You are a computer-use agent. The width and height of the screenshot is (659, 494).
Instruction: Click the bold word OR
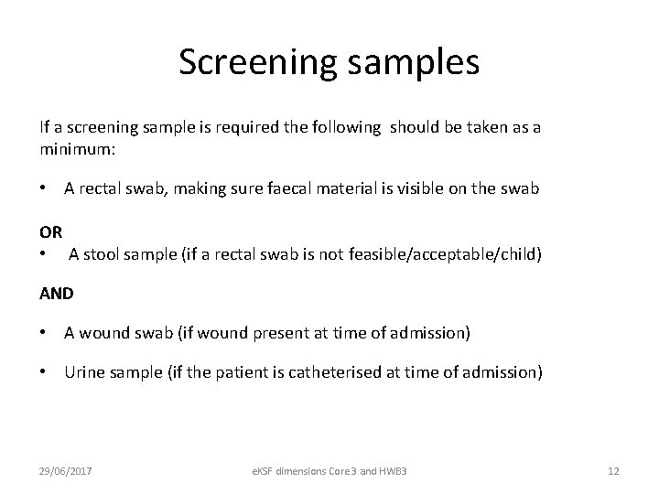coord(51,232)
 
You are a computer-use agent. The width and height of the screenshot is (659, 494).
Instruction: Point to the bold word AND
coord(57,294)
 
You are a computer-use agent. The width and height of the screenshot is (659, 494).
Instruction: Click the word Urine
coord(84,372)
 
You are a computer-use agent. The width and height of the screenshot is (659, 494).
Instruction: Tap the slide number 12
coord(613,470)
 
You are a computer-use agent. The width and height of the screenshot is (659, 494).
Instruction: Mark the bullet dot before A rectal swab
coord(44,188)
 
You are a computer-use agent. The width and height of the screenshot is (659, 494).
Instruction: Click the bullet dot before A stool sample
coord(44,252)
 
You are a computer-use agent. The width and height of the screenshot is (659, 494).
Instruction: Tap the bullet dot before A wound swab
coord(44,332)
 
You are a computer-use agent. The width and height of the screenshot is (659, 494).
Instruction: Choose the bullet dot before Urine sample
coord(44,372)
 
